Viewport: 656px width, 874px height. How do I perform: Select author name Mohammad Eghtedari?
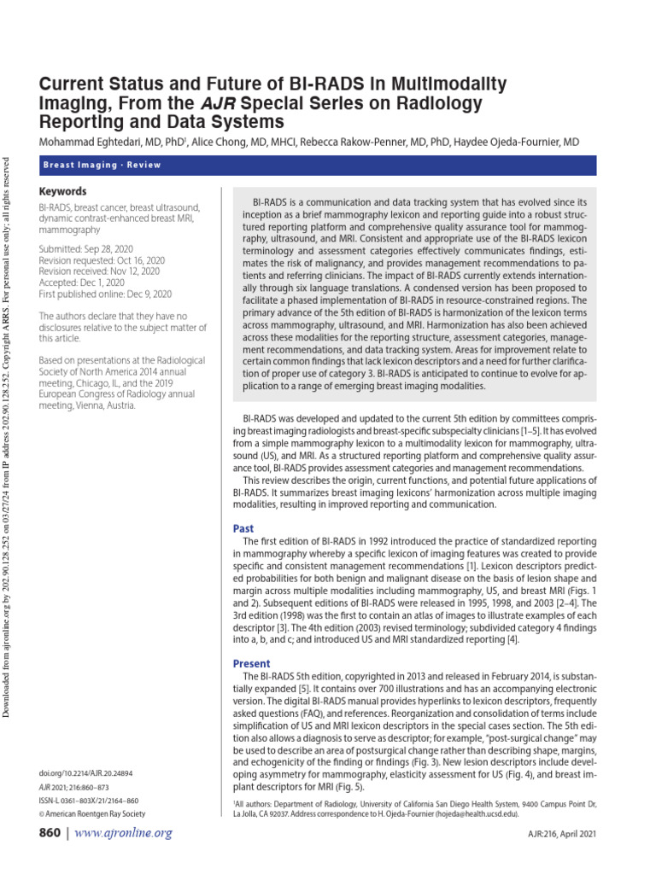94,141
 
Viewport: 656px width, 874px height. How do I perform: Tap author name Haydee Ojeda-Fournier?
511,141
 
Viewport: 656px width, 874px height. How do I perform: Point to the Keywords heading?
63,191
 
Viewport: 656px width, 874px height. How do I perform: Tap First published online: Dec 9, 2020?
105,294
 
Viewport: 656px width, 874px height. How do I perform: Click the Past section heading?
243,528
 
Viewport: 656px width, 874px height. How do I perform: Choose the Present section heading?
251,663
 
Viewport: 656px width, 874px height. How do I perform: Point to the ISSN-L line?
89,801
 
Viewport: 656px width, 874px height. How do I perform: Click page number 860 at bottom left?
53,833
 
